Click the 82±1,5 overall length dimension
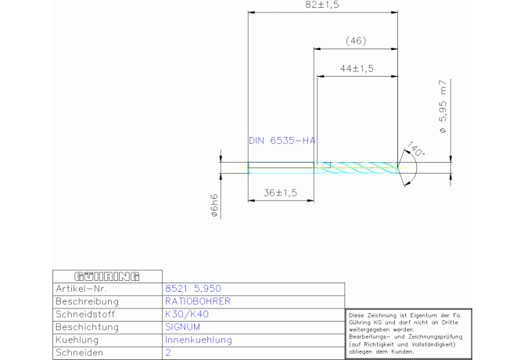322,5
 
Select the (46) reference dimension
356,41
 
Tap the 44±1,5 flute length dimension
357,69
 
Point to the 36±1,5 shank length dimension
280,193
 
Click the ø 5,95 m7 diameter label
443,106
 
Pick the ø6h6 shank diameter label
214,205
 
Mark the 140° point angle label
415,149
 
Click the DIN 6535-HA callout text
282,141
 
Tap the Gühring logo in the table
107,276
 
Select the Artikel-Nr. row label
81,289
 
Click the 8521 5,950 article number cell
193,289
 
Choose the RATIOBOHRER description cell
198,301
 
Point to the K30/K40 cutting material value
187,314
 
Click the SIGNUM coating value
182,327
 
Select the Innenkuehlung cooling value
199,340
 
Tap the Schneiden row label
80,353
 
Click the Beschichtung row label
88,327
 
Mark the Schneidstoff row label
85,314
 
